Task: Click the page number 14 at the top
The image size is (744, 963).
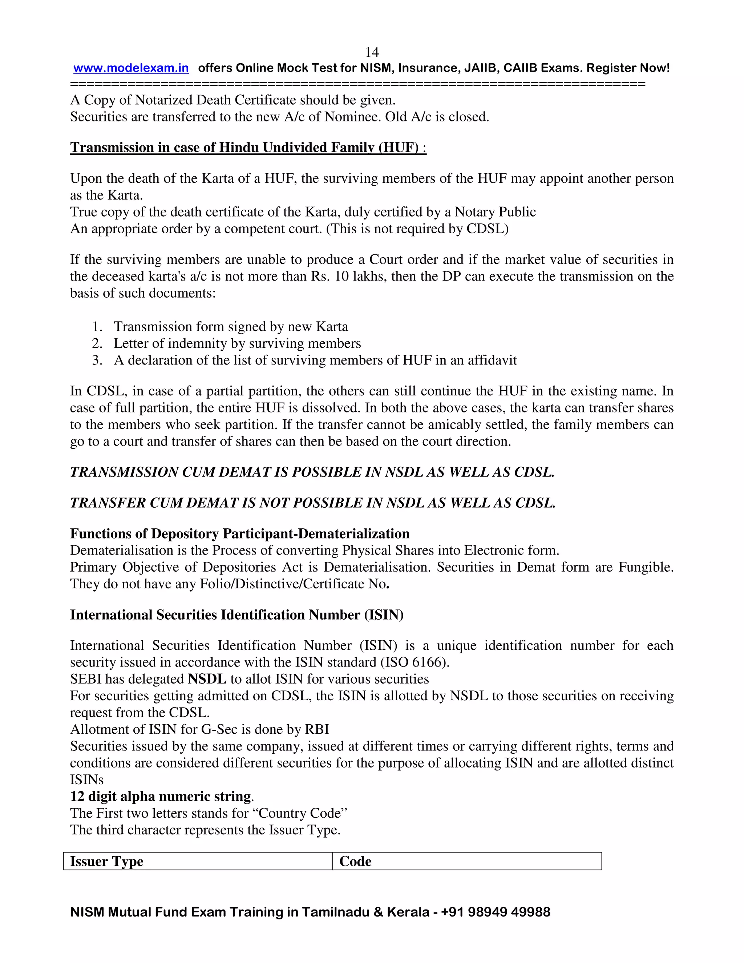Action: [372, 52]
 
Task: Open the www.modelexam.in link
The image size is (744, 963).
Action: [131, 68]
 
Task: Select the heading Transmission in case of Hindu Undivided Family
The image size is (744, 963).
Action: [248, 147]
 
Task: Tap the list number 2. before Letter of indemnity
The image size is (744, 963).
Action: [97, 343]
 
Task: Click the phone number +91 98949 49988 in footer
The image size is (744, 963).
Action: [496, 912]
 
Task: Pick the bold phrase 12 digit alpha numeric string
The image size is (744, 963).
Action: [161, 796]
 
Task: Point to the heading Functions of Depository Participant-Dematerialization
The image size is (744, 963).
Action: [240, 533]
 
